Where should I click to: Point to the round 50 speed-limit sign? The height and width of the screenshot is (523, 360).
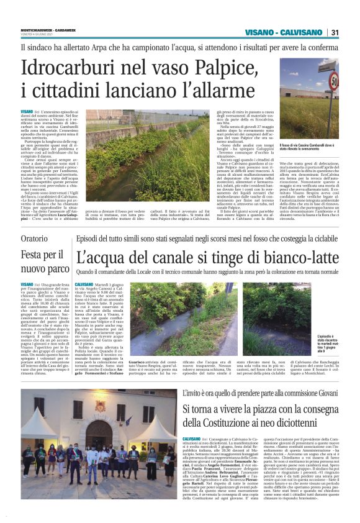tap(334, 79)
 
